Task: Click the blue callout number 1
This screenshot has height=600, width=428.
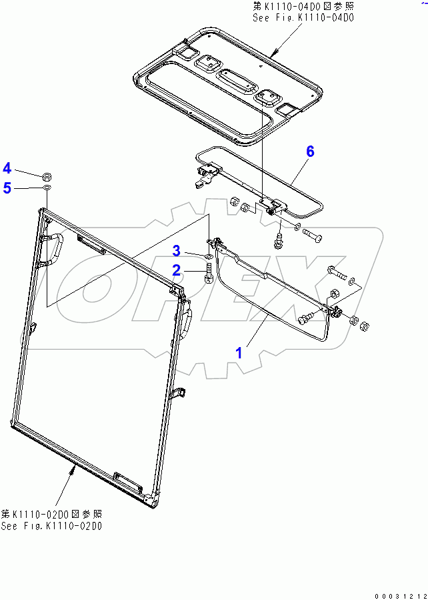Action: (x=239, y=352)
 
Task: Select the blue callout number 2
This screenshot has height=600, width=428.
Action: (x=176, y=270)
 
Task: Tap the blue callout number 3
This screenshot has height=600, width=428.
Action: (x=176, y=251)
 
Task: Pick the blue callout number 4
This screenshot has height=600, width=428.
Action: (x=7, y=167)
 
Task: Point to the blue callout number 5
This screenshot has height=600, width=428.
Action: (x=7, y=188)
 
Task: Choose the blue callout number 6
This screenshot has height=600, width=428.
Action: (x=310, y=152)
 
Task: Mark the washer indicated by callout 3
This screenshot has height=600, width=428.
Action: (x=209, y=255)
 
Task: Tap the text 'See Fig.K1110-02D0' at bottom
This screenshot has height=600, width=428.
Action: (x=51, y=527)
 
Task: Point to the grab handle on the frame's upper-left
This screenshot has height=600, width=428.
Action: (x=52, y=248)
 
